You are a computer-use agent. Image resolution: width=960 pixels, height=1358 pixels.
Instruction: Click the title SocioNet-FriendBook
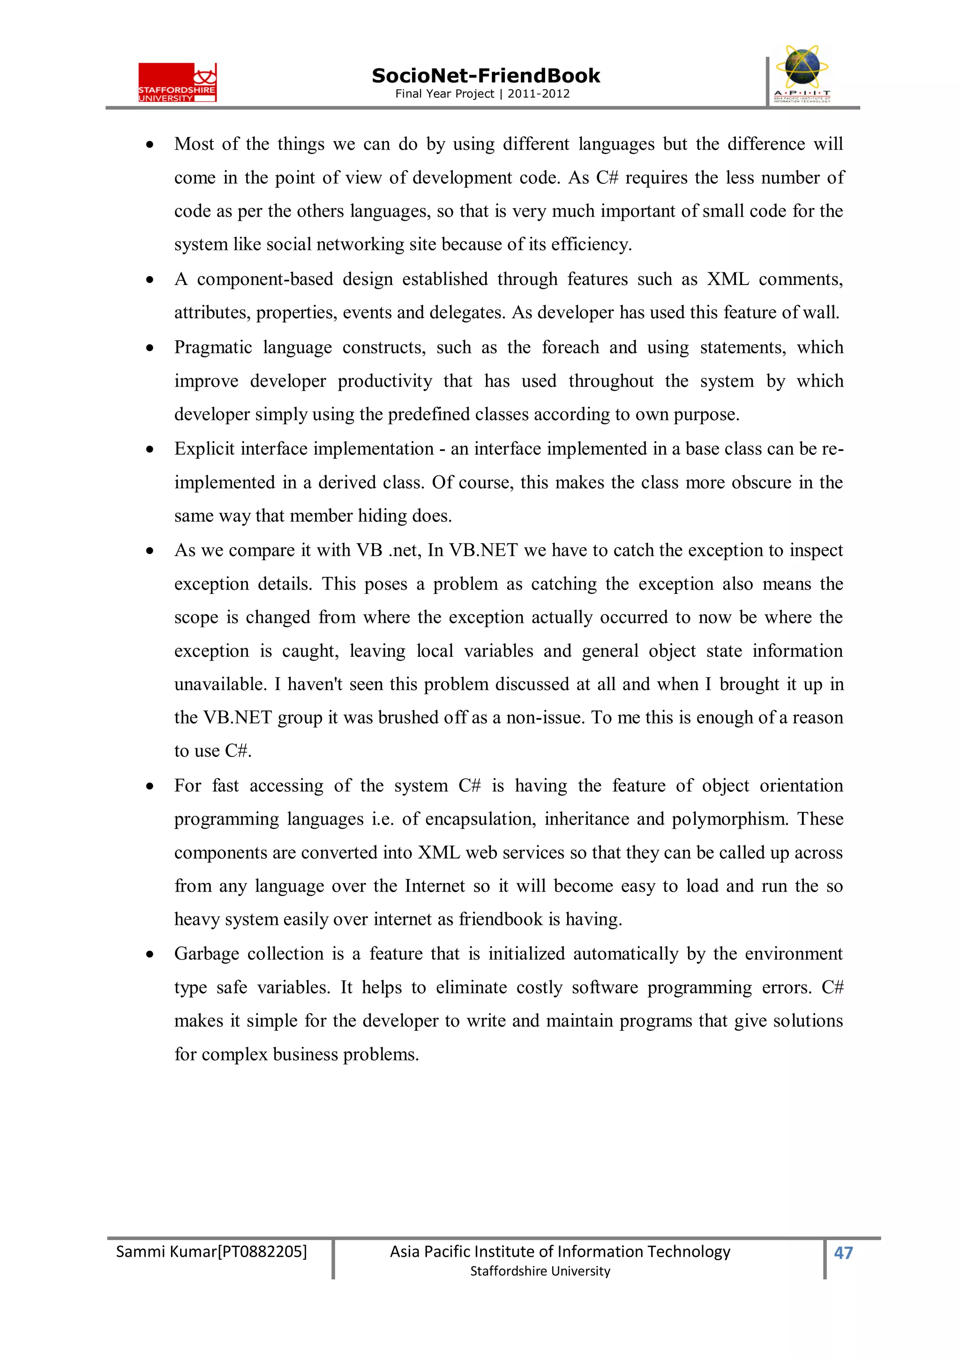tap(485, 76)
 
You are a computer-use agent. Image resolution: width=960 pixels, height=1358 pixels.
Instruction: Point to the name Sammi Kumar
tap(166, 1252)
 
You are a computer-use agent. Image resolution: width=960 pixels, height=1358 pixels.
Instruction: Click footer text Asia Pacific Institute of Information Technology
tap(560, 1252)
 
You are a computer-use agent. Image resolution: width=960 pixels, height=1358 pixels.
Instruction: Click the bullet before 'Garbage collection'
tap(150, 954)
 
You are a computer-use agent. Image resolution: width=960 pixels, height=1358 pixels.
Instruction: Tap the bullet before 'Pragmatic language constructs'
tap(150, 348)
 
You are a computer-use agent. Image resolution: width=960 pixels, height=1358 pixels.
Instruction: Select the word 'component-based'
tap(265, 279)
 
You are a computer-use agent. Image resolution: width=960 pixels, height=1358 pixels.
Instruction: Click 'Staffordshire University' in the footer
tap(540, 1271)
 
